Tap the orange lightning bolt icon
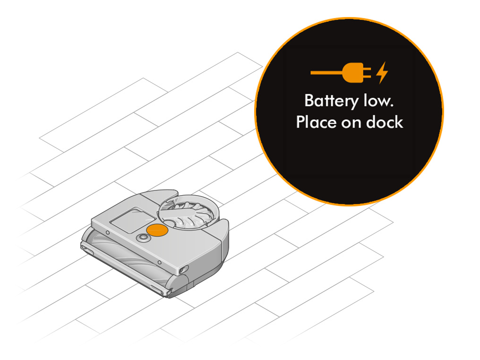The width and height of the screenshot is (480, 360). (x=382, y=73)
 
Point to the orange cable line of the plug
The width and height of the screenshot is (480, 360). (x=327, y=73)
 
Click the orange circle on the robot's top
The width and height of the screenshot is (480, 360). (x=157, y=230)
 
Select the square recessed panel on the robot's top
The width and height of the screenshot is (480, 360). (x=133, y=220)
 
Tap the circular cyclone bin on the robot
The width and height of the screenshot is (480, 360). (x=188, y=212)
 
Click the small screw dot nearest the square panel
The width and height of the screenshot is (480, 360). (x=108, y=233)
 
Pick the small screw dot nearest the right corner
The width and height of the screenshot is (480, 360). (x=159, y=263)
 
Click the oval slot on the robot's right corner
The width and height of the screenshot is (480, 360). (x=182, y=270)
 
